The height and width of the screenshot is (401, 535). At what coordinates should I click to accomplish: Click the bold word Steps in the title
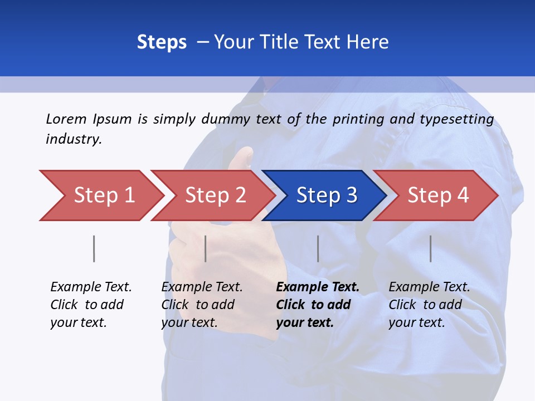162,42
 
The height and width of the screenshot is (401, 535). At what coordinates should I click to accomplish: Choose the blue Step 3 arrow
325,195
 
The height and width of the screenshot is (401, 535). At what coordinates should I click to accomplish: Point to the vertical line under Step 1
94,248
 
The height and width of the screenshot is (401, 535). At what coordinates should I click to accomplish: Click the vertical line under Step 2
206,248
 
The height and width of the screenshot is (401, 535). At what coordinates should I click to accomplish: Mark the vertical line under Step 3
318,248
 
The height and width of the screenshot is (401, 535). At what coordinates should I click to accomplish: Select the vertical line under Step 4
431,248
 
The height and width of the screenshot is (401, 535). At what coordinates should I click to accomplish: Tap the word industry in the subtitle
73,139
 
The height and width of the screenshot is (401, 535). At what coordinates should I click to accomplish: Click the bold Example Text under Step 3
318,287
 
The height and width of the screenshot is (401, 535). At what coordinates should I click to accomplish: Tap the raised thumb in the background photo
243,158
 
